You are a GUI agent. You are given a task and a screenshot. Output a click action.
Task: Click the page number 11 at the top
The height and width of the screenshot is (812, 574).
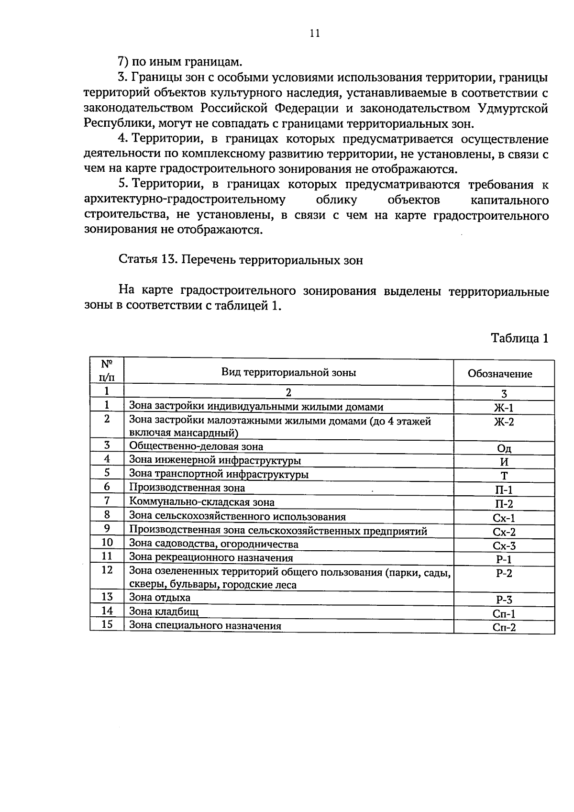coord(314,33)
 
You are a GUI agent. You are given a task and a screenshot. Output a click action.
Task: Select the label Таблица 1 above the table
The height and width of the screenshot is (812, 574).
coord(519,338)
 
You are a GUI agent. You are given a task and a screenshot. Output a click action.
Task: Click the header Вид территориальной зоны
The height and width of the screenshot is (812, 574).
coord(288,372)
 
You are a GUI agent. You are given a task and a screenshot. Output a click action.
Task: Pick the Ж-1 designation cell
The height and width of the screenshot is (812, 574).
coord(503,408)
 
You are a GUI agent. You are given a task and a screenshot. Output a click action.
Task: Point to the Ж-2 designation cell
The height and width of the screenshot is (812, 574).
coord(503,422)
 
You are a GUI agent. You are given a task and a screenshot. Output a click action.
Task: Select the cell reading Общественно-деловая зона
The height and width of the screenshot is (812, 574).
coord(196,446)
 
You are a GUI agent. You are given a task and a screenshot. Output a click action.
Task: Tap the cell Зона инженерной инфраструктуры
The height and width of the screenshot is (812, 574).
coord(215,460)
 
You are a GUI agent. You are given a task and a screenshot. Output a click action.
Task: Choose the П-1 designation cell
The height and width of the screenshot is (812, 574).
coord(504,489)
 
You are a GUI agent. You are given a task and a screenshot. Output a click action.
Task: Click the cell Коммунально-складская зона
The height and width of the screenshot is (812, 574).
coord(202,502)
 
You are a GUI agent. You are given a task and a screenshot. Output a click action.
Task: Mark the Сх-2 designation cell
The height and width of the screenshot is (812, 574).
coord(504,532)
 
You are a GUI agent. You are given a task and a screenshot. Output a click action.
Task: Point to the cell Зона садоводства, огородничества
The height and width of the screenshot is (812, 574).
coord(213,544)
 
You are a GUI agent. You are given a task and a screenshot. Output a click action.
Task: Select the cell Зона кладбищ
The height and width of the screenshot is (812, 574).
coord(164,611)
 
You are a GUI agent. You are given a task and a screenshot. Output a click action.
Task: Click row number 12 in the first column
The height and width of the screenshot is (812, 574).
coord(107,570)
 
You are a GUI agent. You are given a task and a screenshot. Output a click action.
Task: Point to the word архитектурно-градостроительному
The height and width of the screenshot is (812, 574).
coord(185,200)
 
